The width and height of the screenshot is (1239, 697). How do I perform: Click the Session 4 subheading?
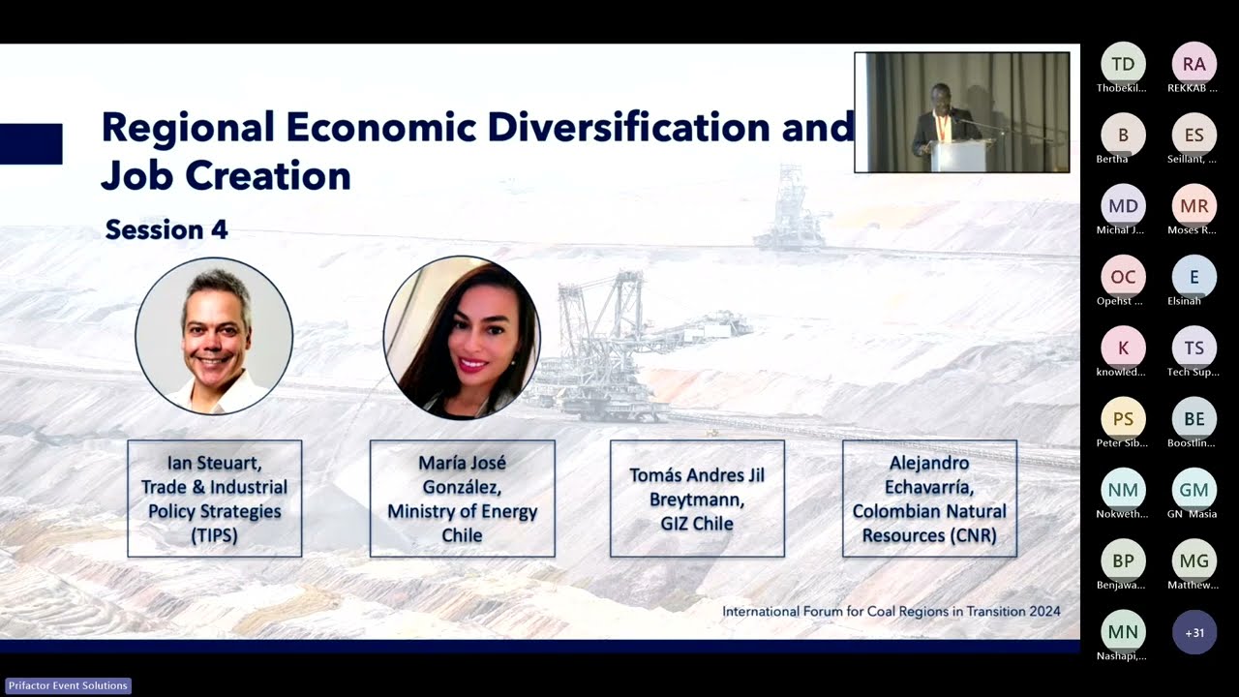click(x=166, y=229)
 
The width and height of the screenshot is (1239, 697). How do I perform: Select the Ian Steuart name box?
click(x=214, y=499)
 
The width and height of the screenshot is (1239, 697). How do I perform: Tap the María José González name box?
click(x=462, y=499)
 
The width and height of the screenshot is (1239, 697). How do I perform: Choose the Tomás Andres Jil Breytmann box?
click(x=697, y=499)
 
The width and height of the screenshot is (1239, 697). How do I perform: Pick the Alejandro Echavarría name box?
click(x=929, y=499)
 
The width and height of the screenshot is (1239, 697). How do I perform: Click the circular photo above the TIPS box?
click(x=214, y=336)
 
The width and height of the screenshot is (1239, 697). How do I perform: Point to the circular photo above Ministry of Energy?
click(x=462, y=337)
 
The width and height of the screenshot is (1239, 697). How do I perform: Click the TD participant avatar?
click(x=1123, y=65)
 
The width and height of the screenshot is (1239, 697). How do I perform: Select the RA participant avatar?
click(x=1194, y=65)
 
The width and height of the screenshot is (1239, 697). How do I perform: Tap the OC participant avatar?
click(x=1123, y=278)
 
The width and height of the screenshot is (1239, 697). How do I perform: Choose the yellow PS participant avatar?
click(x=1123, y=419)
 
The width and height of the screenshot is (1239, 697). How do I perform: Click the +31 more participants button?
click(x=1194, y=632)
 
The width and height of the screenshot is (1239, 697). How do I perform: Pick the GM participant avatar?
click(x=1194, y=491)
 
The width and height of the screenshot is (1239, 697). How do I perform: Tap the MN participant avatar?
click(x=1123, y=632)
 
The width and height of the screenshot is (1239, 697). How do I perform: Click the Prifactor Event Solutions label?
click(x=68, y=685)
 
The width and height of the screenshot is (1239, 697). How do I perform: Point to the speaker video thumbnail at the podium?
click(x=961, y=112)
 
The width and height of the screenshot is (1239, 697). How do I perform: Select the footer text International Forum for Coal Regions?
click(x=891, y=611)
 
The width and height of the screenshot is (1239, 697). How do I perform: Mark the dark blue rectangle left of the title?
click(x=31, y=143)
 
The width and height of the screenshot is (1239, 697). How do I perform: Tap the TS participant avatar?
click(x=1194, y=348)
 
